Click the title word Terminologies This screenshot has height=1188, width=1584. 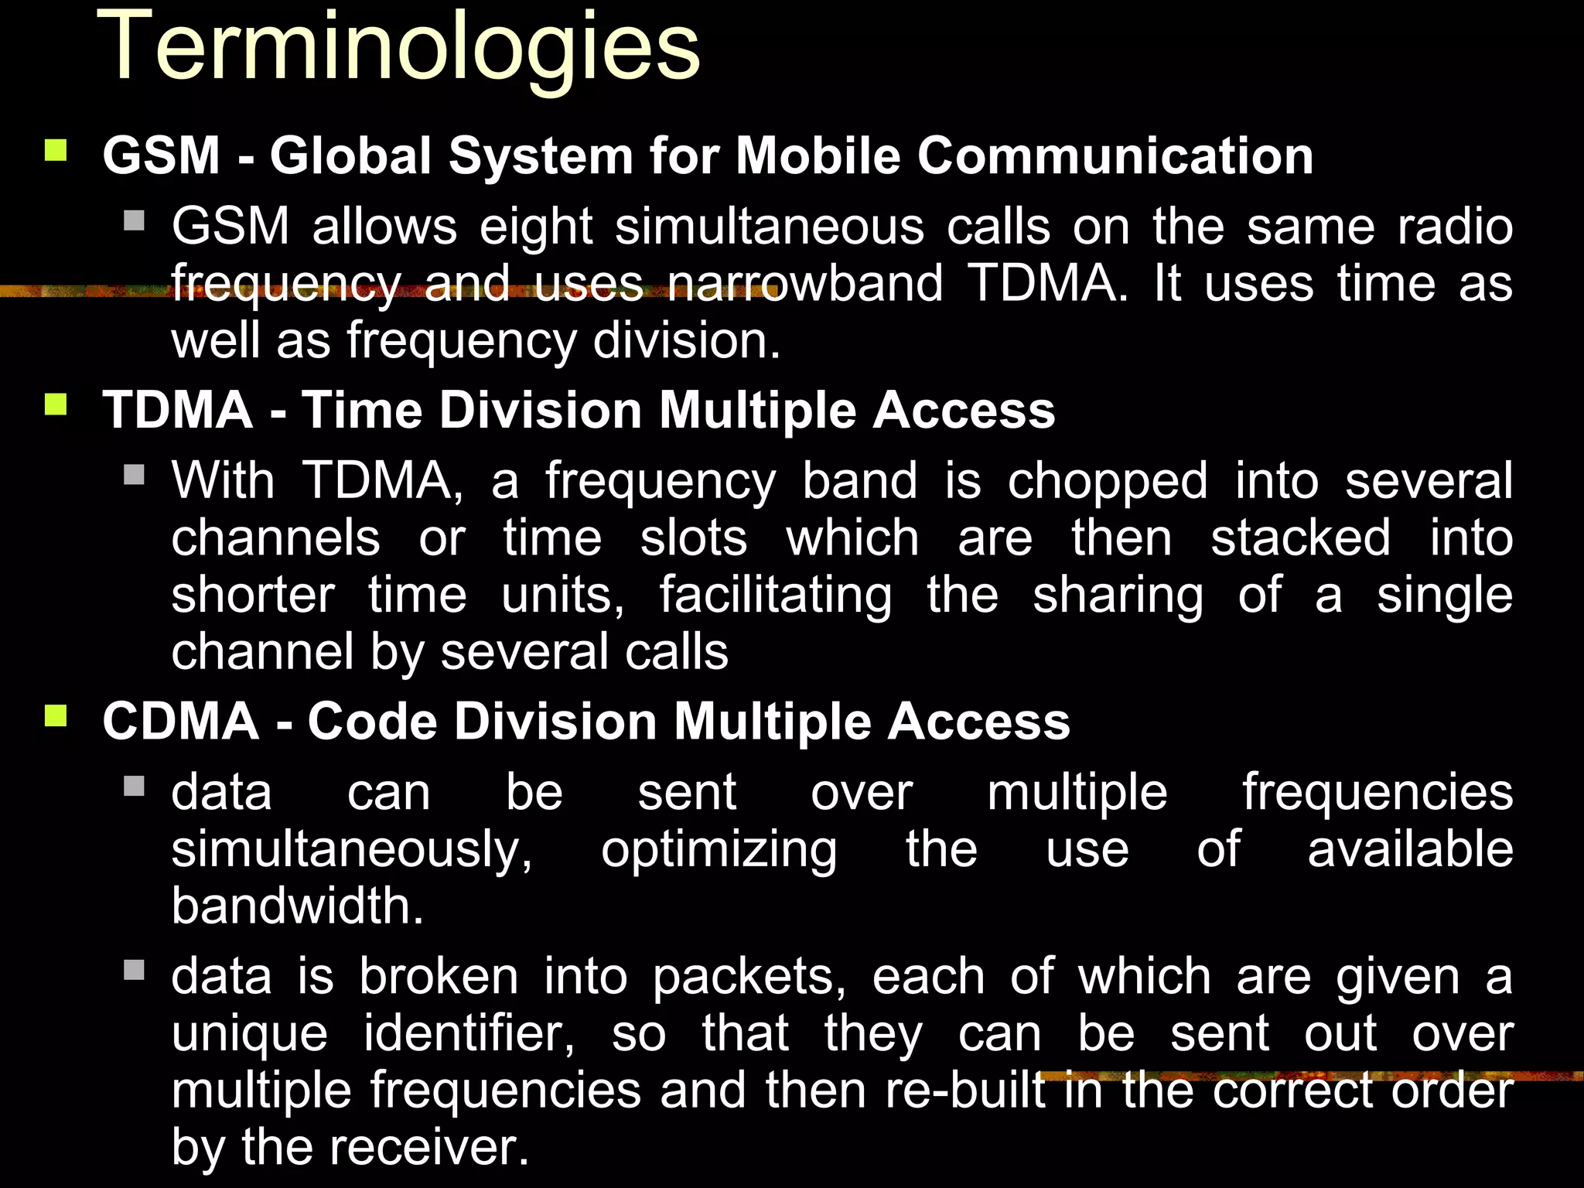coord(398,48)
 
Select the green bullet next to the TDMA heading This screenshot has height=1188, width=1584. coord(56,404)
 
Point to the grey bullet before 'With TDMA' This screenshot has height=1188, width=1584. coord(135,474)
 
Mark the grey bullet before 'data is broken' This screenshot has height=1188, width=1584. coord(135,970)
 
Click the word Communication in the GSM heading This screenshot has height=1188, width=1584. coord(1115,156)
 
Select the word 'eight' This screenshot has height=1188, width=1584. coord(536,228)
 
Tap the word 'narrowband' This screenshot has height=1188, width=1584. coord(804,284)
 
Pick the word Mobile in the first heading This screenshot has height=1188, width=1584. coord(818,156)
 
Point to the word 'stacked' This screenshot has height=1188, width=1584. coord(1300,538)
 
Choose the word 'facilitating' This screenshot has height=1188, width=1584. coord(776,596)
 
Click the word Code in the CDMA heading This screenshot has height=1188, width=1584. coord(372,722)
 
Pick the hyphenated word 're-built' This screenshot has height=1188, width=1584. coord(964,1091)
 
